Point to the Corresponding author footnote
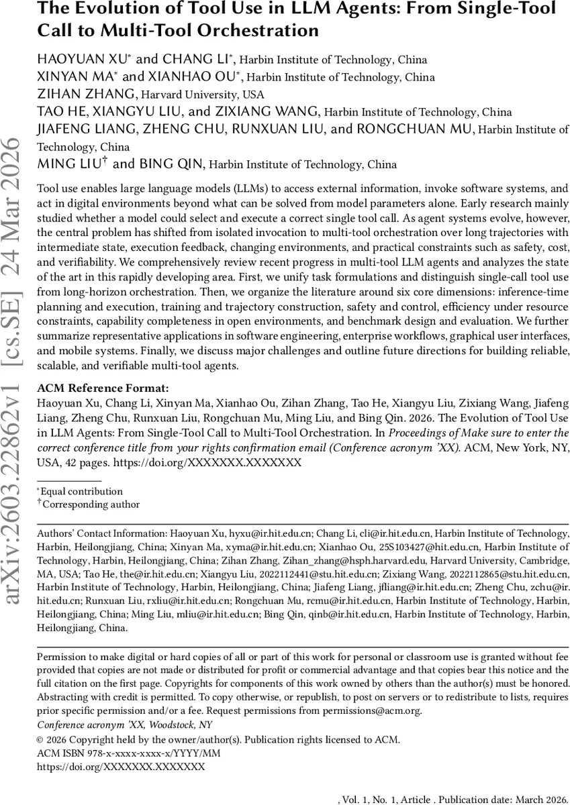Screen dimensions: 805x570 [91, 504]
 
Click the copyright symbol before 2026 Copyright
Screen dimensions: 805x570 [40, 740]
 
